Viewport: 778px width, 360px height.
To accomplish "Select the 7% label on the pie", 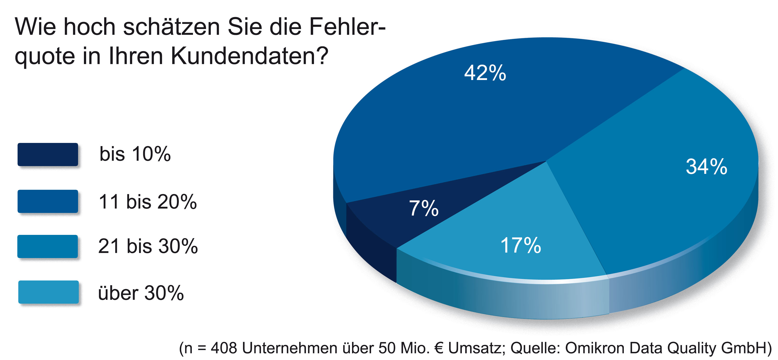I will tap(424, 208).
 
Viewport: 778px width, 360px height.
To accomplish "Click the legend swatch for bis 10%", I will tap(48, 154).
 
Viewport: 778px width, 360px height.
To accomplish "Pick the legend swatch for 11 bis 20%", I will tap(48, 201).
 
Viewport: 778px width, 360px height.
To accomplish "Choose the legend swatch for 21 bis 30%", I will tap(48, 246).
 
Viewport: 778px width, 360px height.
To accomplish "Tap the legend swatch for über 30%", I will tap(48, 292).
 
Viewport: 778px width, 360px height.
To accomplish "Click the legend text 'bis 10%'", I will tap(135, 154).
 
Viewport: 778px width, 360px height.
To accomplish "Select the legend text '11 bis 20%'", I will tap(148, 201).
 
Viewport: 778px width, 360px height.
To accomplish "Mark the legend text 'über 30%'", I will tap(141, 293).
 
